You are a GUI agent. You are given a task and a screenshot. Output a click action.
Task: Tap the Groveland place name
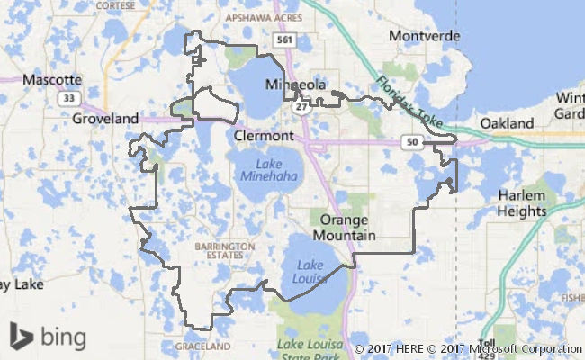pyautogui.click(x=105, y=118)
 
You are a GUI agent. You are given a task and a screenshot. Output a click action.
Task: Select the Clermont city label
pyautogui.click(x=263, y=136)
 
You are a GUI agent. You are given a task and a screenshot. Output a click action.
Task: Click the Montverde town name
pyautogui.click(x=424, y=36)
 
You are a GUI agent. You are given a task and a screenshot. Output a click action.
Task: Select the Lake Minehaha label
pyautogui.click(x=267, y=170)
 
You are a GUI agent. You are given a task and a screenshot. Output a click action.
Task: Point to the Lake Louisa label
pyautogui.click(x=310, y=271)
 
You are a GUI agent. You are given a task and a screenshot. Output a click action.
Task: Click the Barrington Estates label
pyautogui.click(x=220, y=249)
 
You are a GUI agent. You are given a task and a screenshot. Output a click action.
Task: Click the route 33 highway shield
pyautogui.click(x=67, y=98)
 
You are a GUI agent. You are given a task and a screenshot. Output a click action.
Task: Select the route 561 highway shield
pyautogui.click(x=285, y=40)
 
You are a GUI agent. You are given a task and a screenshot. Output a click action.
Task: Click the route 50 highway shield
pyautogui.click(x=412, y=141)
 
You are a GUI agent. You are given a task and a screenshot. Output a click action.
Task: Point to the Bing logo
pyautogui.click(x=49, y=337)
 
